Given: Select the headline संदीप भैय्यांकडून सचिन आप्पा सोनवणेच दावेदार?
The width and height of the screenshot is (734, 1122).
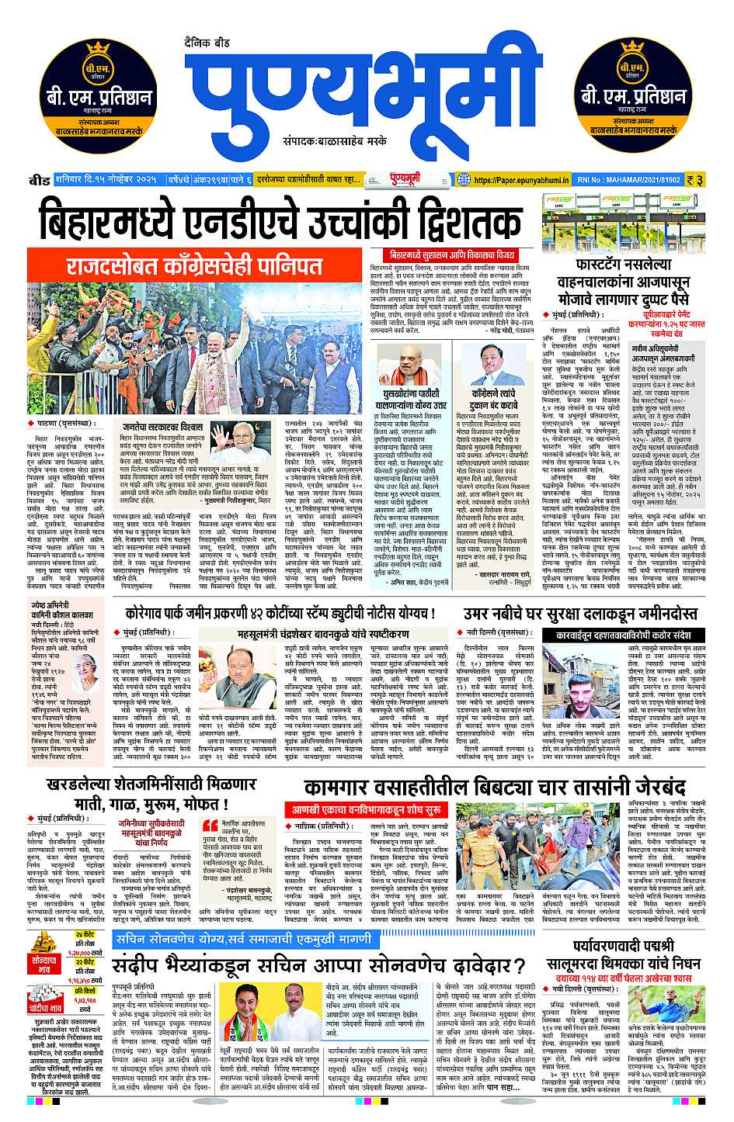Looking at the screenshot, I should coord(319,966).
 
